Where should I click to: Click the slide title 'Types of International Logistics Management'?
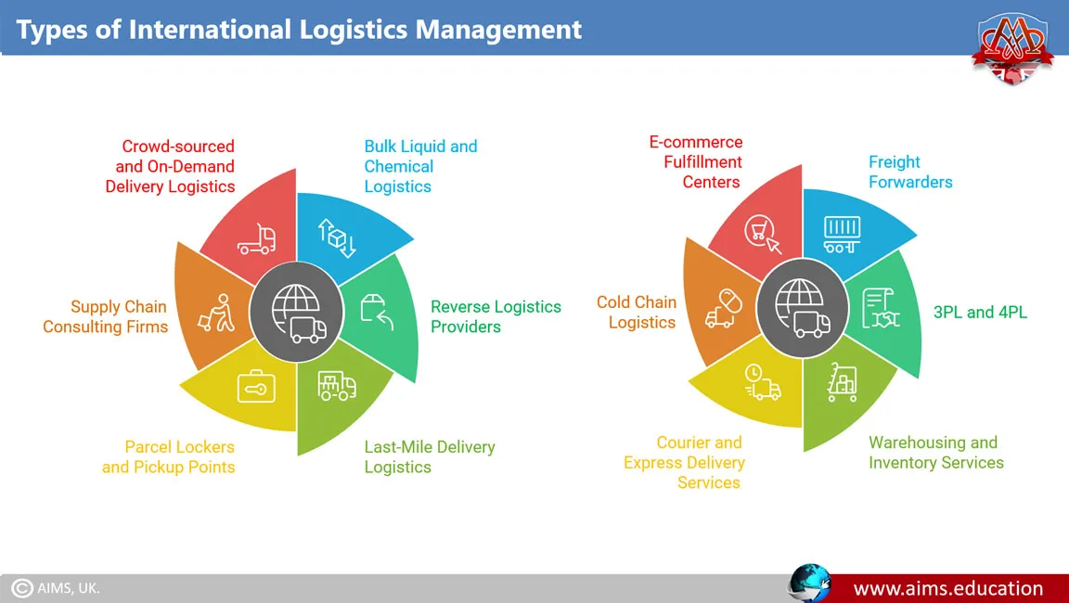pos(299,29)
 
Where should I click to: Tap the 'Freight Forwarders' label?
pos(909,172)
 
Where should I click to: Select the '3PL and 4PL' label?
pos(979,312)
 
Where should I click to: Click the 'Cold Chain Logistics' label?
pos(637,312)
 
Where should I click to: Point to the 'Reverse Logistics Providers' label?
pos(496,316)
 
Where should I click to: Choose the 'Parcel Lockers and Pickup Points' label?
pos(169,456)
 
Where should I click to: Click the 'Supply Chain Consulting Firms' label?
pos(105,316)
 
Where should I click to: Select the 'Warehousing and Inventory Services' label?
pos(935,452)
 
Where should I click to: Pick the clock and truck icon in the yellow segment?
pos(761,382)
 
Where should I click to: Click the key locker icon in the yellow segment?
pos(255,387)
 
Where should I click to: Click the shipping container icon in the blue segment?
pos(842,235)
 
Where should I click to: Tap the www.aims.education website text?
pos(947,588)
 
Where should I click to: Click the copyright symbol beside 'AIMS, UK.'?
pos(22,588)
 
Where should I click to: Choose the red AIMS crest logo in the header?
pos(1013,48)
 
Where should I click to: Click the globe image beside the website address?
pos(809,582)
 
